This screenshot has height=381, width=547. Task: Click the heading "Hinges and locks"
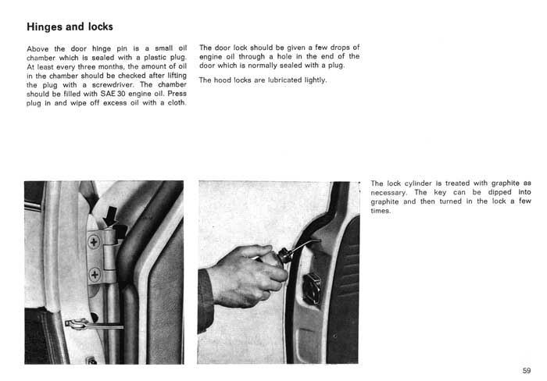tap(70, 27)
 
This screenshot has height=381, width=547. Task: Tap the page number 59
tap(527, 371)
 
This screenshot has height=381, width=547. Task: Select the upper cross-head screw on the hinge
tap(94, 241)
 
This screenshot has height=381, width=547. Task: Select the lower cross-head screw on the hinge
tap(95, 274)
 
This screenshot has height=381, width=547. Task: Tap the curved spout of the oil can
tap(304, 244)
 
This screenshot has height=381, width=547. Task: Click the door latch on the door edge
tap(312, 287)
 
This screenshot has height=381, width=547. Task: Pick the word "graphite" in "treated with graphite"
tap(505, 183)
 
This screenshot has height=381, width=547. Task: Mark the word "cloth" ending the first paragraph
tap(176, 103)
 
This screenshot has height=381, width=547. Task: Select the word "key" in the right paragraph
tap(440, 192)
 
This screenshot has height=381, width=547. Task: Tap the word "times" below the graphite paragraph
tap(380, 211)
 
